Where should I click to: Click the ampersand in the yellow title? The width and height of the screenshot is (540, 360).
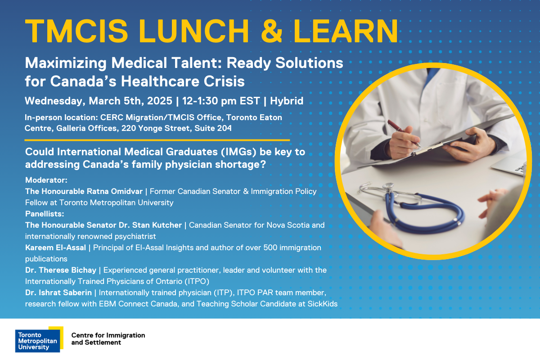pyautogui.click(x=272, y=31)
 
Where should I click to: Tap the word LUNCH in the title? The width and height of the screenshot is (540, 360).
pyautogui.click(x=194, y=31)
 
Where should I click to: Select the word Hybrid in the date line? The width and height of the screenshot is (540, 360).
pyautogui.click(x=287, y=101)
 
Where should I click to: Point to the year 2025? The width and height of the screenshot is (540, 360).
pyautogui.click(x=160, y=101)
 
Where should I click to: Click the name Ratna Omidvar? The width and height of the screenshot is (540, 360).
pyautogui.click(x=115, y=191)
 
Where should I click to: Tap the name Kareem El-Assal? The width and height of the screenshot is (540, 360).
pyautogui.click(x=55, y=247)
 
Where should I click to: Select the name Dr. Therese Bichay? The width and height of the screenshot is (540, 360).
pyautogui.click(x=61, y=270)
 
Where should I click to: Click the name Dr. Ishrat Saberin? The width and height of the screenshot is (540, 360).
pyautogui.click(x=58, y=293)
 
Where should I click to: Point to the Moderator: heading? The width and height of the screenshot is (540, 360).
pyautogui.click(x=46, y=180)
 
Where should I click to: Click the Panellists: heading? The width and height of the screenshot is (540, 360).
pyautogui.click(x=45, y=214)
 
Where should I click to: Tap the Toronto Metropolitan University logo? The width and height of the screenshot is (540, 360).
pyautogui.click(x=39, y=339)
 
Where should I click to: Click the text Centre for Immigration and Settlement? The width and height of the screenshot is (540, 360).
pyautogui.click(x=108, y=339)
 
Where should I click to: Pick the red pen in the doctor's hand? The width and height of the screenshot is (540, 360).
pyautogui.click(x=404, y=133)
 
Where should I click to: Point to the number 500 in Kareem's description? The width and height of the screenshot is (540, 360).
pyautogui.click(x=270, y=247)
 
